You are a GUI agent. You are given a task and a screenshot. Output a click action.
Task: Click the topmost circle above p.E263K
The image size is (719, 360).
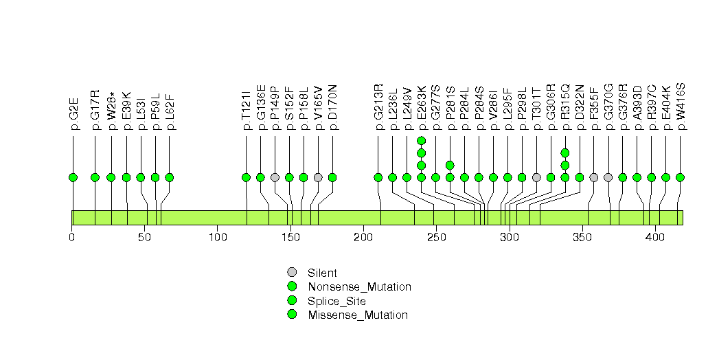click(422, 141)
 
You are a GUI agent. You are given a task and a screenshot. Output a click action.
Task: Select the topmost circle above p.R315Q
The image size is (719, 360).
click(565, 153)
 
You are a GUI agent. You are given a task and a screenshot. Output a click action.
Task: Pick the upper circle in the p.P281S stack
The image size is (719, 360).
click(450, 165)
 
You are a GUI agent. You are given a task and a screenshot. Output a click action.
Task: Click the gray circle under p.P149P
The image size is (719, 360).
click(275, 177)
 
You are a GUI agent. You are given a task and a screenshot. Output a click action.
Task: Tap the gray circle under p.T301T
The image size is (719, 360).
click(536, 177)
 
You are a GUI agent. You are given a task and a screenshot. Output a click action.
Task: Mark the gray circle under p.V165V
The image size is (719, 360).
click(318, 177)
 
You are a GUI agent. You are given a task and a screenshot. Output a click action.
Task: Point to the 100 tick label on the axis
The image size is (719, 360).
click(218, 237)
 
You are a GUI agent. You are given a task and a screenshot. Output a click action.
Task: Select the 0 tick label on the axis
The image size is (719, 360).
click(72, 237)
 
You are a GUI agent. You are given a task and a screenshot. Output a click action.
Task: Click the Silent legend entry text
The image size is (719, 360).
click(323, 273)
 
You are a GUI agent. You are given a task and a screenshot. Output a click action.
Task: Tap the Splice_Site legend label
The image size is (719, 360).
click(337, 301)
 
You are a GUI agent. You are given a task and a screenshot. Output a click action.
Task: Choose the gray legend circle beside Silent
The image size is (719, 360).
click(292, 273)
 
